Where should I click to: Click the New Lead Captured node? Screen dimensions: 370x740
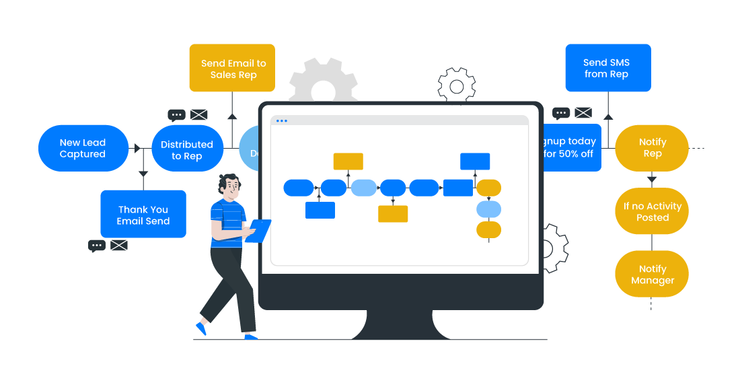[x=83, y=148]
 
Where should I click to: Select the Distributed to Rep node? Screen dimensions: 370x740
[x=187, y=149]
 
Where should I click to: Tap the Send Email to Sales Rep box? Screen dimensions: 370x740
[x=233, y=68]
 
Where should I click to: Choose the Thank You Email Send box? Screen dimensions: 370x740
[x=143, y=215]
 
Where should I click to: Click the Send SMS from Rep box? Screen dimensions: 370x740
[x=607, y=68]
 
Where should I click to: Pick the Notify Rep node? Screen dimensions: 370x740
[x=652, y=148]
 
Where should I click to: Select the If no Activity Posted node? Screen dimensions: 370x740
[x=652, y=211]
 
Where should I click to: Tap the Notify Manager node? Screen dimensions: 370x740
[x=652, y=274]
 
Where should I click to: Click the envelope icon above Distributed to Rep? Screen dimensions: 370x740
[x=198, y=114]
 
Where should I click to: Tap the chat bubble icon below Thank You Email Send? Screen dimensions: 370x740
[x=97, y=246]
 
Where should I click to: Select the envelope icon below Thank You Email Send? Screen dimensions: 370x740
[x=119, y=246]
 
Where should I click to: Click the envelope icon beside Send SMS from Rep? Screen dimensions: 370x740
[x=583, y=112]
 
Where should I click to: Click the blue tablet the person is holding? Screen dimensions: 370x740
[x=259, y=230]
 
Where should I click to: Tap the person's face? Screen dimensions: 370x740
[x=231, y=188]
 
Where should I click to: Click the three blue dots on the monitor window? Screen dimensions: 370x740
[x=281, y=121]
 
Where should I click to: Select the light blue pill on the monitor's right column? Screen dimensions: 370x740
[x=488, y=209]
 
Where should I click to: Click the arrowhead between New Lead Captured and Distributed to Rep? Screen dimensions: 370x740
[x=137, y=148]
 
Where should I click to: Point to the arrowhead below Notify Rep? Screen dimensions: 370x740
[x=652, y=179]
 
